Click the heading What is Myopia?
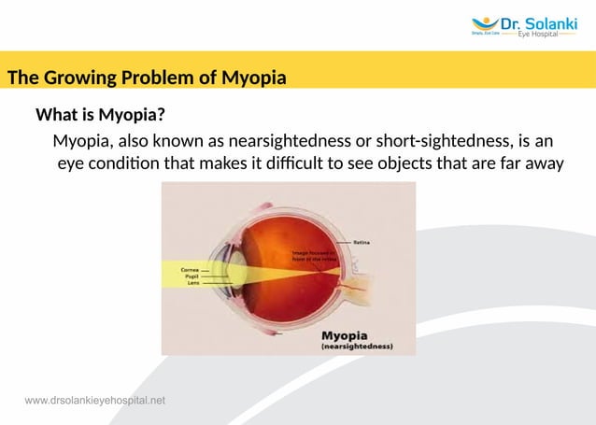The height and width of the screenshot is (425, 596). (101, 116)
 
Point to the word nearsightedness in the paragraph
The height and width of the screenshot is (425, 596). (295, 142)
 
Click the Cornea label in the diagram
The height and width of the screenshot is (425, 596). (189, 268)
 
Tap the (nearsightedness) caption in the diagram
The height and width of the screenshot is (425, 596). (355, 347)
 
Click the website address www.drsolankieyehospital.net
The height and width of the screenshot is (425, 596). (95, 401)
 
